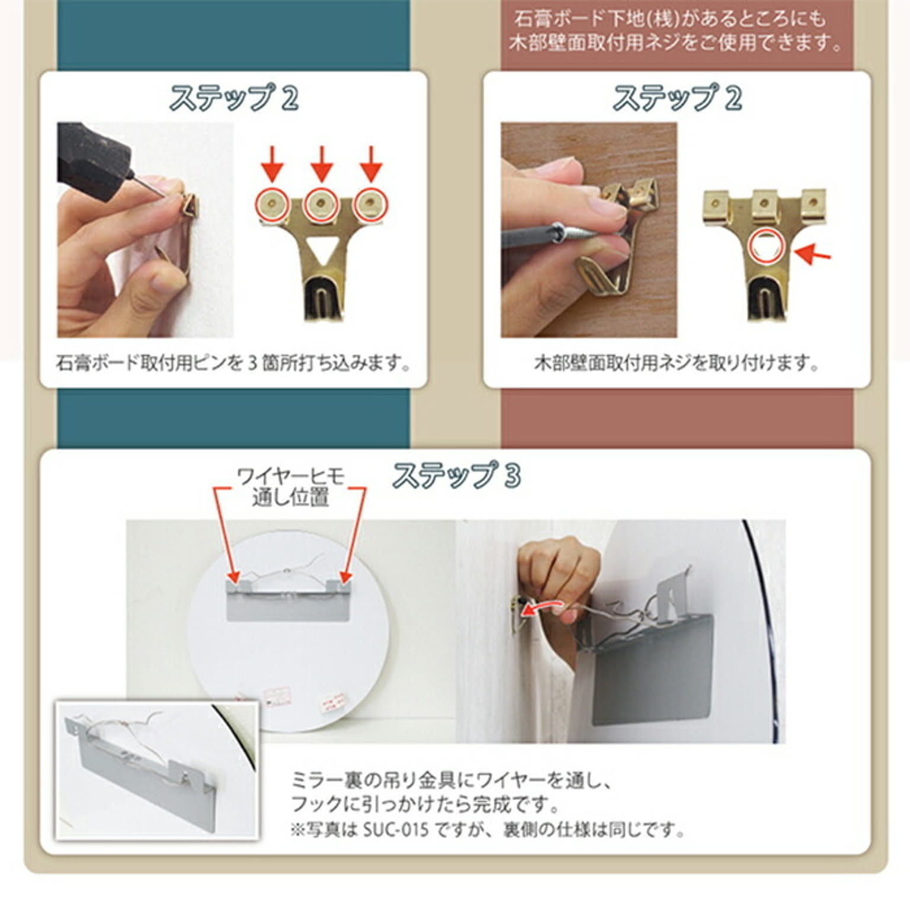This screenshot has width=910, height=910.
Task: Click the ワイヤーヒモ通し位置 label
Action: pos(290,486)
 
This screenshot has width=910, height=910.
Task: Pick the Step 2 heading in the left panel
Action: pos(234,98)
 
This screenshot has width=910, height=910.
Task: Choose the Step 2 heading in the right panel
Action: pos(677,98)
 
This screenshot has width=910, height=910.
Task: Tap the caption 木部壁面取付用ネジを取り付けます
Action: pos(677,363)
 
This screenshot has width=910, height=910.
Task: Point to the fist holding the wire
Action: pos(557,569)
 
